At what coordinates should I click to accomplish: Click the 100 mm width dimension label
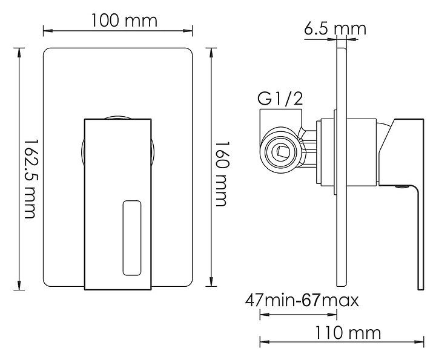pyautogui.click(x=124, y=21)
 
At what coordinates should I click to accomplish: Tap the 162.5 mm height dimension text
pyautogui.click(x=29, y=179)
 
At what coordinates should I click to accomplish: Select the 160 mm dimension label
pyautogui.click(x=222, y=174)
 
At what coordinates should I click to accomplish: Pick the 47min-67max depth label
pyautogui.click(x=302, y=300)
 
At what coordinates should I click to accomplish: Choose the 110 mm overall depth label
pyautogui.click(x=348, y=333)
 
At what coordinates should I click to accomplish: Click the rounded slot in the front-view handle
pyautogui.click(x=132, y=238)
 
